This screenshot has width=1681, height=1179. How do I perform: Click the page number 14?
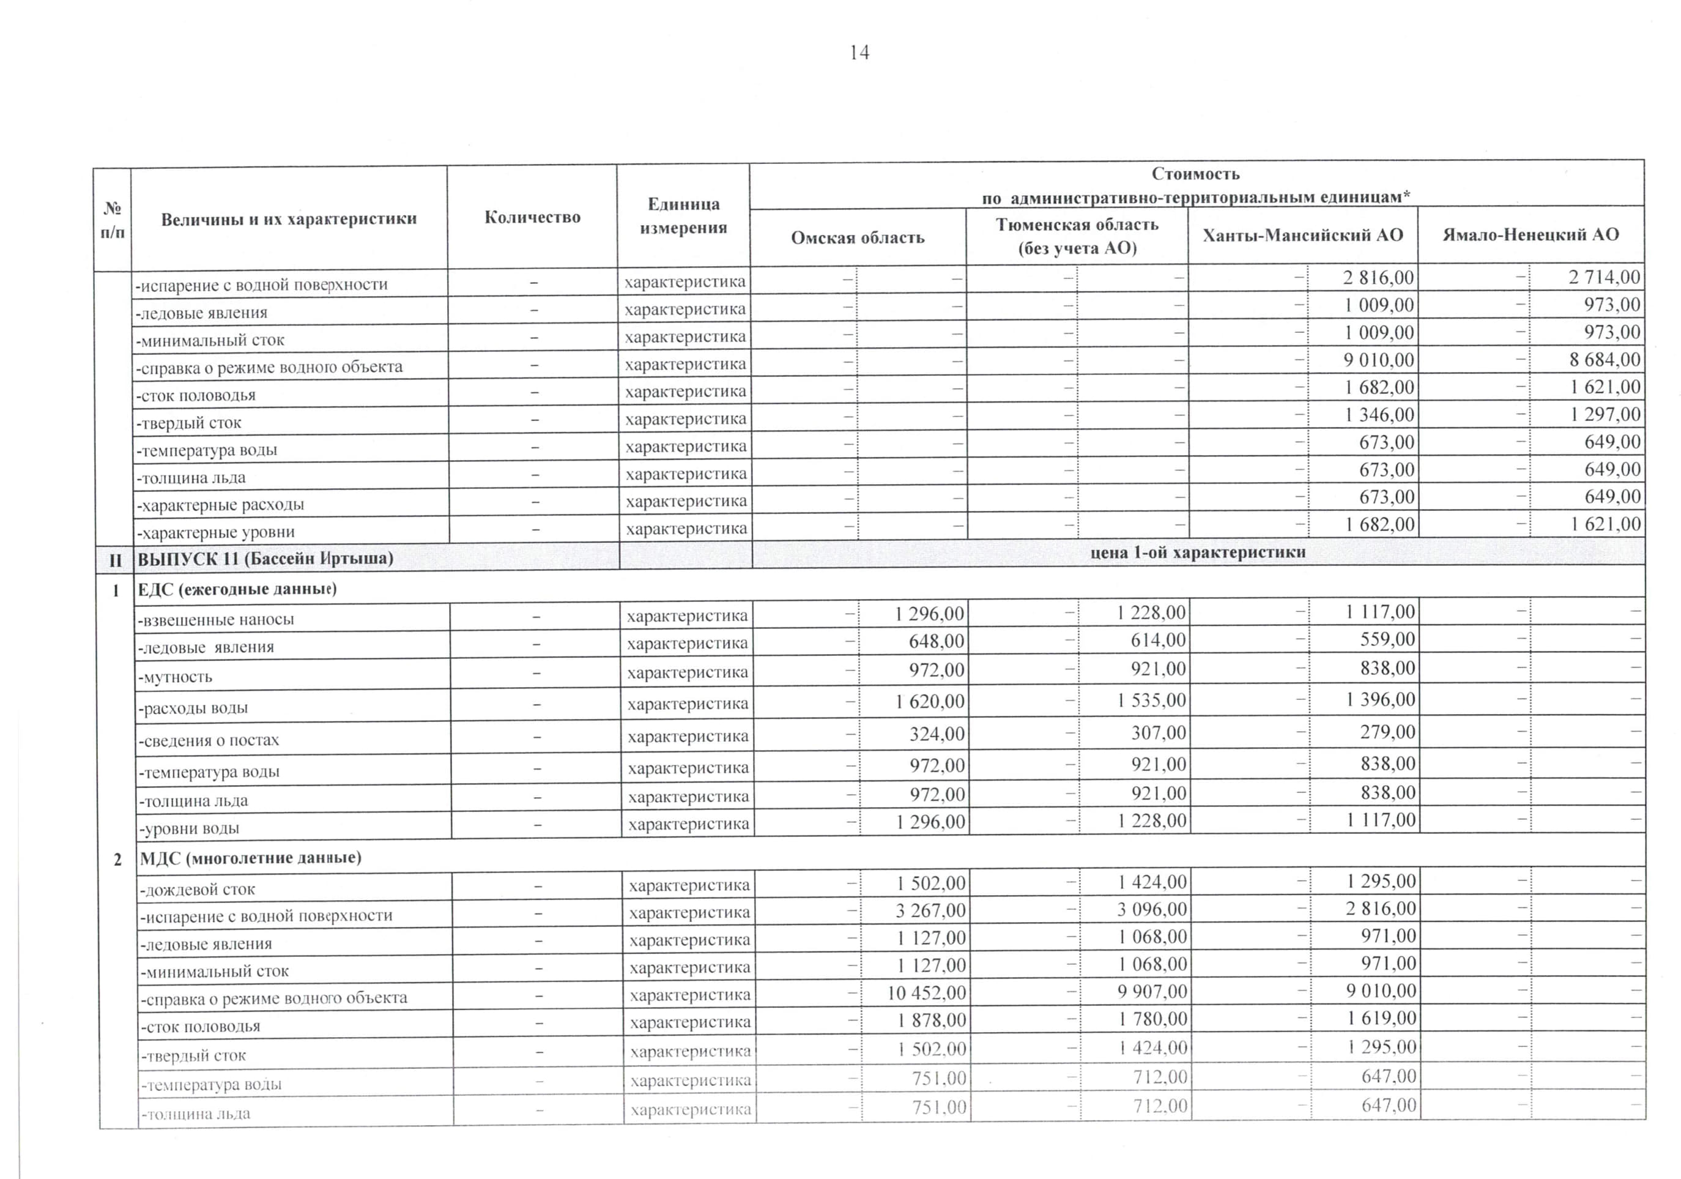click(x=859, y=53)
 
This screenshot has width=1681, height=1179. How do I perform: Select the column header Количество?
click(x=532, y=217)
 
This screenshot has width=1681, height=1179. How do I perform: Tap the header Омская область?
click(x=858, y=237)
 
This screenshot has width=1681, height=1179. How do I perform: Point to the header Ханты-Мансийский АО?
click(x=1302, y=235)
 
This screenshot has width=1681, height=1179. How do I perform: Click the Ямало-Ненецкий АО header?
click(x=1530, y=234)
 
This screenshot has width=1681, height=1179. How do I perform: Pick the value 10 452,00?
click(x=926, y=993)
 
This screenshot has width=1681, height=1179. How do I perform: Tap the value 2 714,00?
click(x=1604, y=277)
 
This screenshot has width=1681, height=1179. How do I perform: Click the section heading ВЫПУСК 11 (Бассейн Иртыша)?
click(x=265, y=559)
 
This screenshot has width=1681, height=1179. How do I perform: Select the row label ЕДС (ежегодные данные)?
click(x=237, y=589)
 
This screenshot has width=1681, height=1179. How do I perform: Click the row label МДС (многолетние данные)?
click(x=250, y=858)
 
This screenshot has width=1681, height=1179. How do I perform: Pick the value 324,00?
click(x=937, y=734)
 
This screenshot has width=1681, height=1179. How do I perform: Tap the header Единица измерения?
click(x=683, y=216)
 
